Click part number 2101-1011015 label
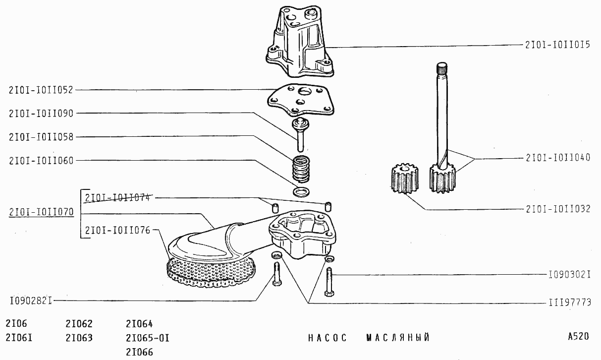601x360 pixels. (x=557, y=45)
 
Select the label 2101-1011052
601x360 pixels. (x=41, y=90)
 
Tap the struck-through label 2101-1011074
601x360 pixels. (x=117, y=198)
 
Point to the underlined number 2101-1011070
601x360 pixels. (x=41, y=212)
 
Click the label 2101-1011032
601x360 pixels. (x=558, y=209)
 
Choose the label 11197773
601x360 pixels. (x=570, y=302)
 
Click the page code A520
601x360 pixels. (x=578, y=336)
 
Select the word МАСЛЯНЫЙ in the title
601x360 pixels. (x=398, y=338)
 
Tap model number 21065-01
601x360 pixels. (x=148, y=338)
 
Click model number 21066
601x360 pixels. (x=139, y=352)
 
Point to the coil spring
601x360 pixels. (x=300, y=169)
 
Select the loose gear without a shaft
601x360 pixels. (x=404, y=179)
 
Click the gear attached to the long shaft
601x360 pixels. (x=442, y=178)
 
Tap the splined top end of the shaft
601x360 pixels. (x=442, y=68)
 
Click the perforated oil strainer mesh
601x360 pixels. (x=211, y=273)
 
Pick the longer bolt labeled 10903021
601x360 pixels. (x=329, y=282)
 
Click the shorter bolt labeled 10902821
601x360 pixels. (x=276, y=274)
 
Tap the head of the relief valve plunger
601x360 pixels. (x=300, y=123)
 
